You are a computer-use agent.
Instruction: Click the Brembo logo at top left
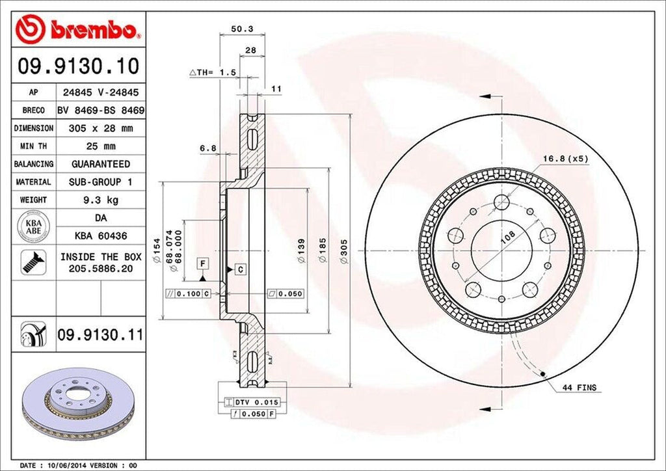(78, 29)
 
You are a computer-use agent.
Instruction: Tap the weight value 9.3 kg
(100, 200)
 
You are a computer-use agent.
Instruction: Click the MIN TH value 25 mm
(100, 146)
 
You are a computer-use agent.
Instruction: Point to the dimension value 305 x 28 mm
(100, 129)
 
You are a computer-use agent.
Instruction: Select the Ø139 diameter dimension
(300, 251)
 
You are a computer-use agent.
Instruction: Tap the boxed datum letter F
(204, 263)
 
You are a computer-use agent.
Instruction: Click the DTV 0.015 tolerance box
(250, 403)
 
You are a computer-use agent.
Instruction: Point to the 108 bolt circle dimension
(508, 238)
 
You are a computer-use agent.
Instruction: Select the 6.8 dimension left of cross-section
(208, 148)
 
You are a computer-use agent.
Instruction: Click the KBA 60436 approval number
(100, 235)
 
